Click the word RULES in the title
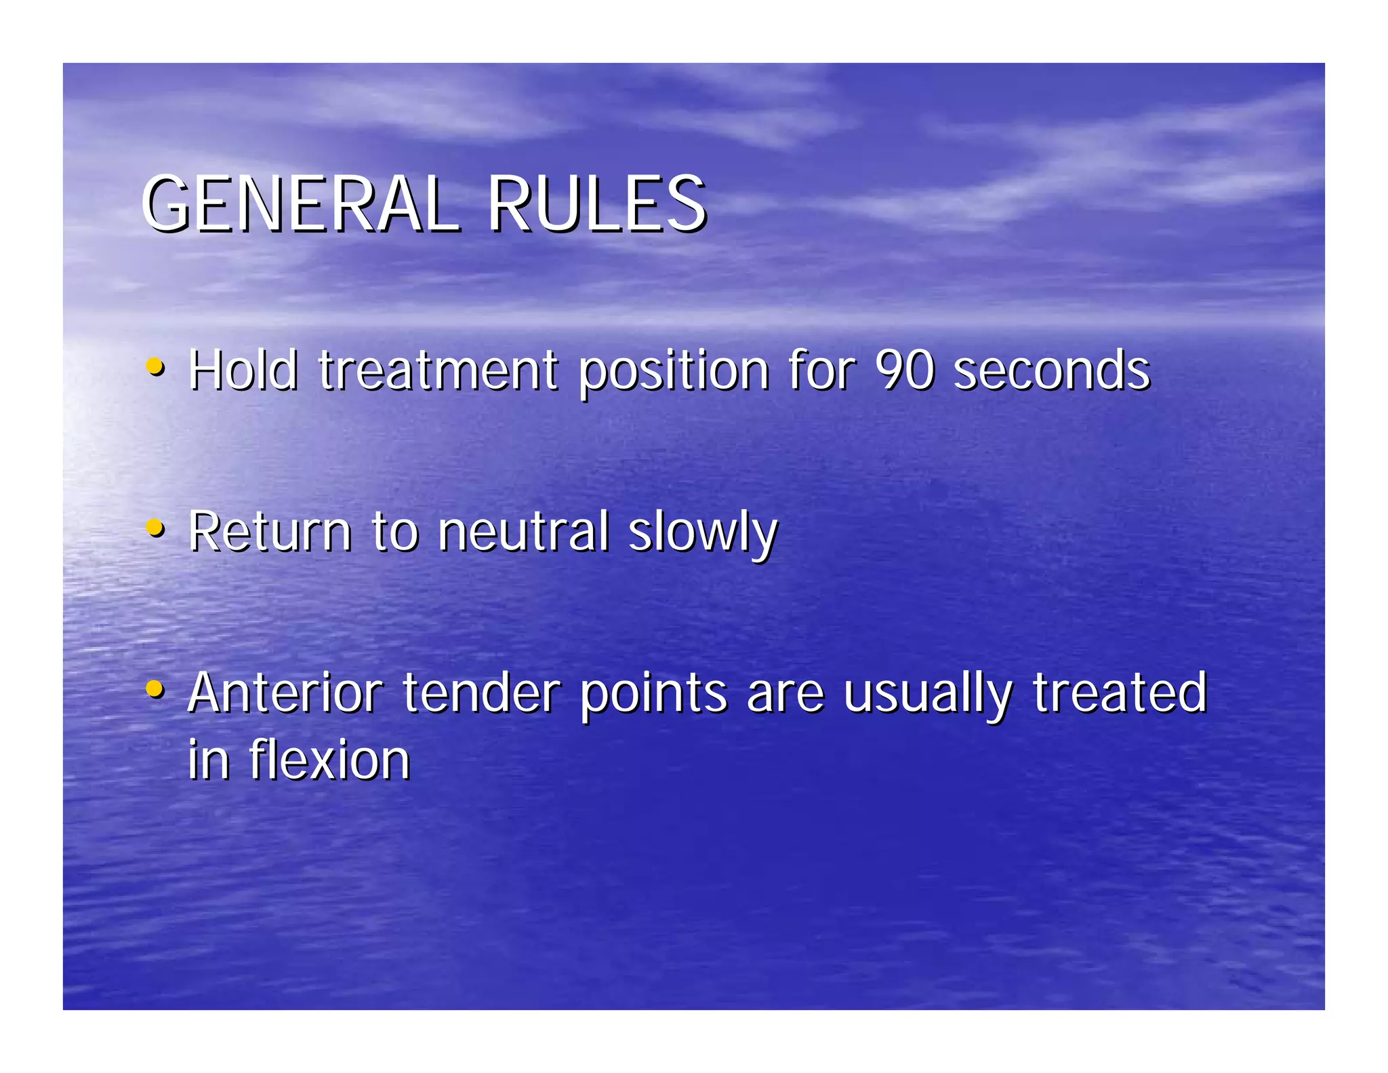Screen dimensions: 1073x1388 point(596,203)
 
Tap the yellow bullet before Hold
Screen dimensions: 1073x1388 point(155,367)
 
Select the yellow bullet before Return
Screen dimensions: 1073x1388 point(155,528)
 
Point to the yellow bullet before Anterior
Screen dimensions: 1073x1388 point(155,689)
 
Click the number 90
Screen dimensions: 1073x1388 point(905,370)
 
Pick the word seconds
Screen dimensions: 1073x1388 point(1052,370)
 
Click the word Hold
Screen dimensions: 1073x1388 point(243,370)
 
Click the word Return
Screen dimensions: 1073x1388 point(270,531)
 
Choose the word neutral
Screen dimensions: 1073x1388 point(523,531)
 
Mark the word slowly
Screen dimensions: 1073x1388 point(703,532)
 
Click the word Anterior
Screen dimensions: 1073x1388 point(285,693)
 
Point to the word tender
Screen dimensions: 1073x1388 point(481,693)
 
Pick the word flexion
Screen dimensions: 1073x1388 point(329,760)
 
